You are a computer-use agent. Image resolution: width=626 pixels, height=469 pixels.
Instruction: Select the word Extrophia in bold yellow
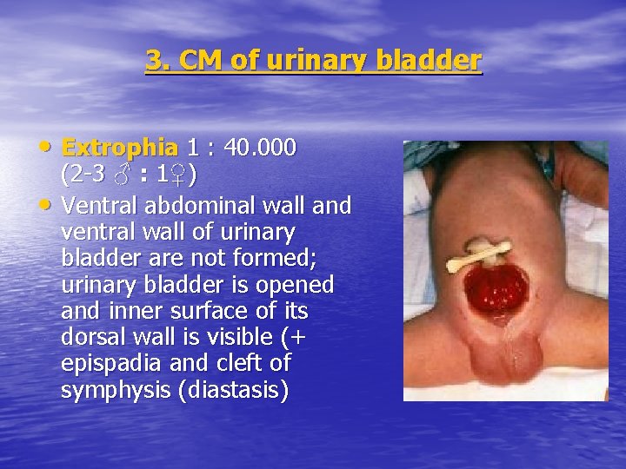coord(119,147)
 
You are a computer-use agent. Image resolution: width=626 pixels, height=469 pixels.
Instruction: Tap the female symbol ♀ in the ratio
coord(180,175)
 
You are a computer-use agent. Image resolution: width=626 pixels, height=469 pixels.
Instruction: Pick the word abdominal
coord(191,206)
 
